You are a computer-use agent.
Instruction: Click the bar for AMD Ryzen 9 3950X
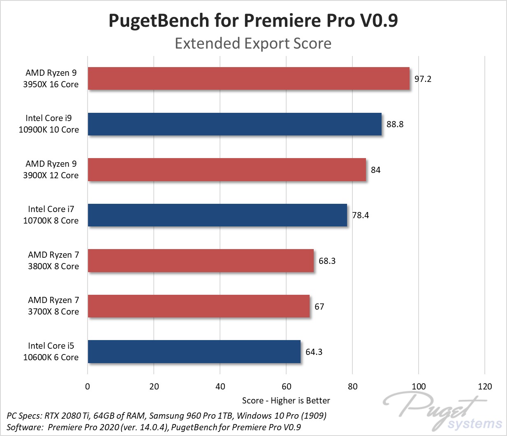pos(248,79)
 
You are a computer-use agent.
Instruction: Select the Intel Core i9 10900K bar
pos(234,124)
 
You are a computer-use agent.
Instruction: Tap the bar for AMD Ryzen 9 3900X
pos(227,170)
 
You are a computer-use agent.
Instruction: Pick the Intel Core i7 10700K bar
pos(217,215)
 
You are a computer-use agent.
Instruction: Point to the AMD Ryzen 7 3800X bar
pos(201,261)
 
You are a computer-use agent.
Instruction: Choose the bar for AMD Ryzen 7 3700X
pos(199,306)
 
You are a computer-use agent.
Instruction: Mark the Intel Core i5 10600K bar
pos(194,352)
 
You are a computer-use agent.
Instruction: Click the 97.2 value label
pos(423,79)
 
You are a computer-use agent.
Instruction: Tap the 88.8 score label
pos(395,124)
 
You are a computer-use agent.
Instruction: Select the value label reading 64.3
pos(314,352)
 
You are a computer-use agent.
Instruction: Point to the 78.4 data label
pos(360,215)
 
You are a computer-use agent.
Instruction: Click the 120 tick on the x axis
pos(485,387)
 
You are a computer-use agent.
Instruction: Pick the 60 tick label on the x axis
pos(286,387)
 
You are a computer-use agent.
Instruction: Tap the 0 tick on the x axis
pos(88,387)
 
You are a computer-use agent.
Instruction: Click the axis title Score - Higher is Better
pos(286,401)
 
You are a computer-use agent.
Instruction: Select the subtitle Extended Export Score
pos(253,43)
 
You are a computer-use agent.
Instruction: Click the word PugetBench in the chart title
pos(159,21)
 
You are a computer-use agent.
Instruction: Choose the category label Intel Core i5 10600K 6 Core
pos(51,352)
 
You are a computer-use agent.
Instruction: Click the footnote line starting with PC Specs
pos(167,415)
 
